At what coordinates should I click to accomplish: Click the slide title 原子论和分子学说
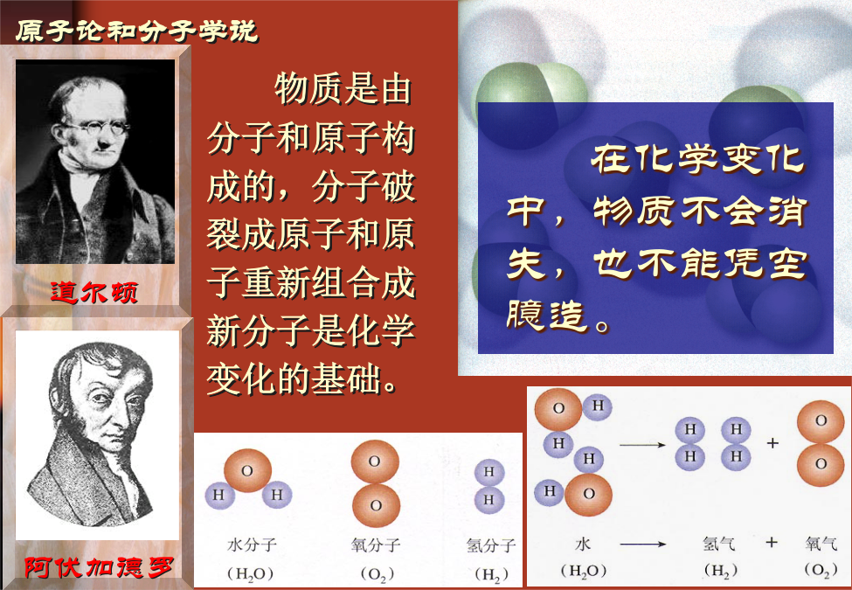tap(136, 31)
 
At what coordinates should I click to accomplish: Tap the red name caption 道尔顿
tap(94, 292)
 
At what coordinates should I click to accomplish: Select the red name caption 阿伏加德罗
tap(99, 568)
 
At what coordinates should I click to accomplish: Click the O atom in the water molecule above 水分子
tap(247, 470)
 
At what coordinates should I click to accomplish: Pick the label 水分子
tap(252, 545)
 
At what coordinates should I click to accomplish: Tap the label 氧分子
tap(376, 545)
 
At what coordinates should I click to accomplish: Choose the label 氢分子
tap(490, 545)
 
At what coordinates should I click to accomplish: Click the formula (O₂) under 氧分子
tap(377, 573)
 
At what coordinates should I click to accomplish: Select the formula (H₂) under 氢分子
tap(491, 573)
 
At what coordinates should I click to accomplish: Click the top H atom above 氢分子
tap(489, 472)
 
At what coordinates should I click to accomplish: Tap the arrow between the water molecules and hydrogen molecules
tap(642, 445)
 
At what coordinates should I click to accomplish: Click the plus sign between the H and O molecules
tap(772, 443)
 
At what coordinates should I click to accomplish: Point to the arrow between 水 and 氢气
tap(643, 544)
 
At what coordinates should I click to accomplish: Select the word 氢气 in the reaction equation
tap(718, 544)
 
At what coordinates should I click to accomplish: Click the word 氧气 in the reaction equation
tap(821, 544)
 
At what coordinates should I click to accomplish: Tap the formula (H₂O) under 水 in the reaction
tap(583, 571)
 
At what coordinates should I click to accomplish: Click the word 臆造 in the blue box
tap(547, 315)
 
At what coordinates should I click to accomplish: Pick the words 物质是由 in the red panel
tap(343, 88)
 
